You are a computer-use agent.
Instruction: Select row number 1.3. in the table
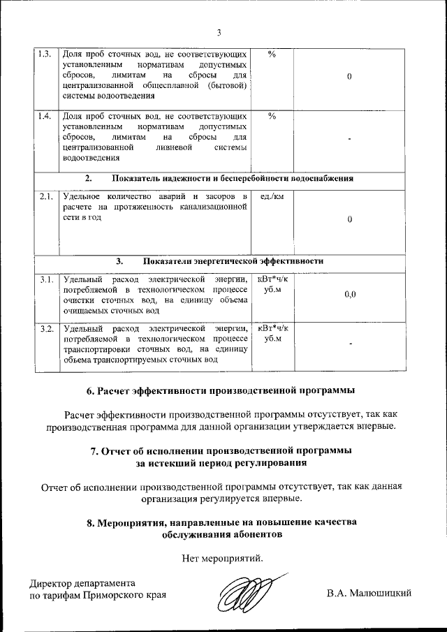44,54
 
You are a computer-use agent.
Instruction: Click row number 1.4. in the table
44,116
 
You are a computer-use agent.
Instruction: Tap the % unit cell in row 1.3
272,54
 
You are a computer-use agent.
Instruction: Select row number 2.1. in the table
45,197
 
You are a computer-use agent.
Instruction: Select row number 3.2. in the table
46,328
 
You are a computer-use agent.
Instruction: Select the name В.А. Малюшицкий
369,594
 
